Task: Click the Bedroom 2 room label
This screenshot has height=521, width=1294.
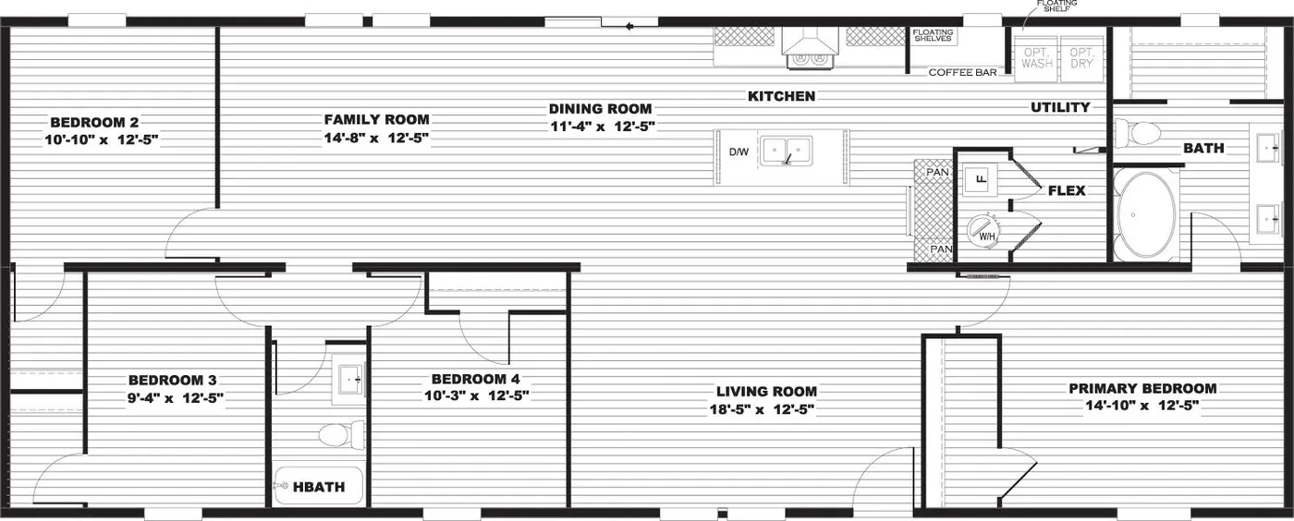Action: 94,122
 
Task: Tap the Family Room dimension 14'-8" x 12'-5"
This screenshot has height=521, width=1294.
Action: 376,139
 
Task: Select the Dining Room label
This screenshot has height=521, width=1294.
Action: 601,108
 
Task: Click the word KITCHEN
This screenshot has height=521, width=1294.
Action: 781,96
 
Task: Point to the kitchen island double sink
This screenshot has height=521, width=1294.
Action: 786,151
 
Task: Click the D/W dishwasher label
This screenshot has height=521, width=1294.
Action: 739,151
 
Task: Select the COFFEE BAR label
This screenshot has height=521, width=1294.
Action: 962,72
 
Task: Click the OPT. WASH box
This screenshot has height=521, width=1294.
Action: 1037,58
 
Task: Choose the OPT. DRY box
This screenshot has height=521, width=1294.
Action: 1080,58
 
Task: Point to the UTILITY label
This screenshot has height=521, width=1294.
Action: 1060,107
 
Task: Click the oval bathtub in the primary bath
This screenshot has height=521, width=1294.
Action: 1147,213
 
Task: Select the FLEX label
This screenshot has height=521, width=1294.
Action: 1066,191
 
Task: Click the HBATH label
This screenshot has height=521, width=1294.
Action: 319,487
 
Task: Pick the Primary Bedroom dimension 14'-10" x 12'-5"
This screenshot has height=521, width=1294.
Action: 1142,406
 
